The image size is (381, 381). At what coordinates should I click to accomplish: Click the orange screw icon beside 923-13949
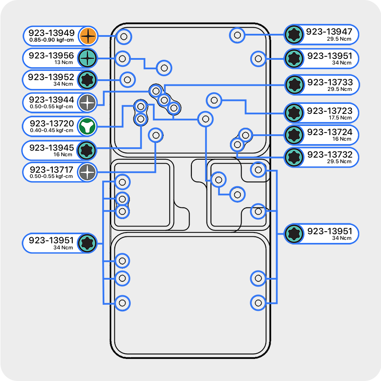(87, 36)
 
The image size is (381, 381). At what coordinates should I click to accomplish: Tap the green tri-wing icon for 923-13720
(87, 126)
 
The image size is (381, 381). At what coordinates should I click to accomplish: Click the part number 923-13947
(329, 32)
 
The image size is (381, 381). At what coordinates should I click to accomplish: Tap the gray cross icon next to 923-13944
(87, 103)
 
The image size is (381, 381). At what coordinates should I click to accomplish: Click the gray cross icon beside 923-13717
(87, 172)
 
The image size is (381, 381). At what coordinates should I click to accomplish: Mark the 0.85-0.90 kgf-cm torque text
(52, 40)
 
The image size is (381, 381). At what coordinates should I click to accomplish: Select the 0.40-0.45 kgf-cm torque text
(52, 130)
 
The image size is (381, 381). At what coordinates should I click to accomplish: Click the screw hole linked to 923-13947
(237, 35)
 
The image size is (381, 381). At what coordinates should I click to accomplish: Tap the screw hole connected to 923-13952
(127, 79)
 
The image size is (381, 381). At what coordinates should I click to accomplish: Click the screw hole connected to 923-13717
(155, 135)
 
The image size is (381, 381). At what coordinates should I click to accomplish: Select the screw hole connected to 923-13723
(213, 100)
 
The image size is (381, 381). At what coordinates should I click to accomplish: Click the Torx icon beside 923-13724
(294, 135)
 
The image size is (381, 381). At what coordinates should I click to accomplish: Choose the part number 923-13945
(51, 148)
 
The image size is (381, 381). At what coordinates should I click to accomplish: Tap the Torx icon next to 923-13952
(87, 80)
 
